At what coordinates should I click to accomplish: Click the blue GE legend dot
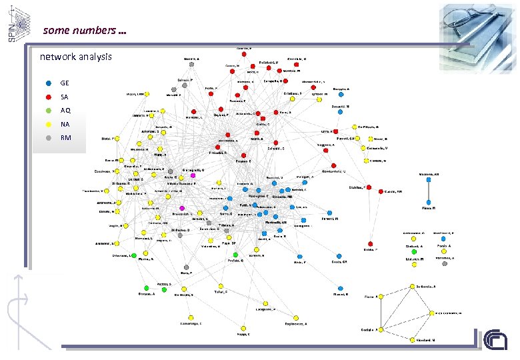click(49, 83)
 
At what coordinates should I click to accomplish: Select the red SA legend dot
click(49, 97)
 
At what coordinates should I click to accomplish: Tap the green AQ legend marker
click(49, 111)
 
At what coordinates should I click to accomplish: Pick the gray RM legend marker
click(49, 138)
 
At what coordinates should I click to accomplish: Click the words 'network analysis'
click(76, 57)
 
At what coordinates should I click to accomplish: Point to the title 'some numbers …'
click(85, 30)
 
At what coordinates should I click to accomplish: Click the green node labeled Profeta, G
click(235, 255)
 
